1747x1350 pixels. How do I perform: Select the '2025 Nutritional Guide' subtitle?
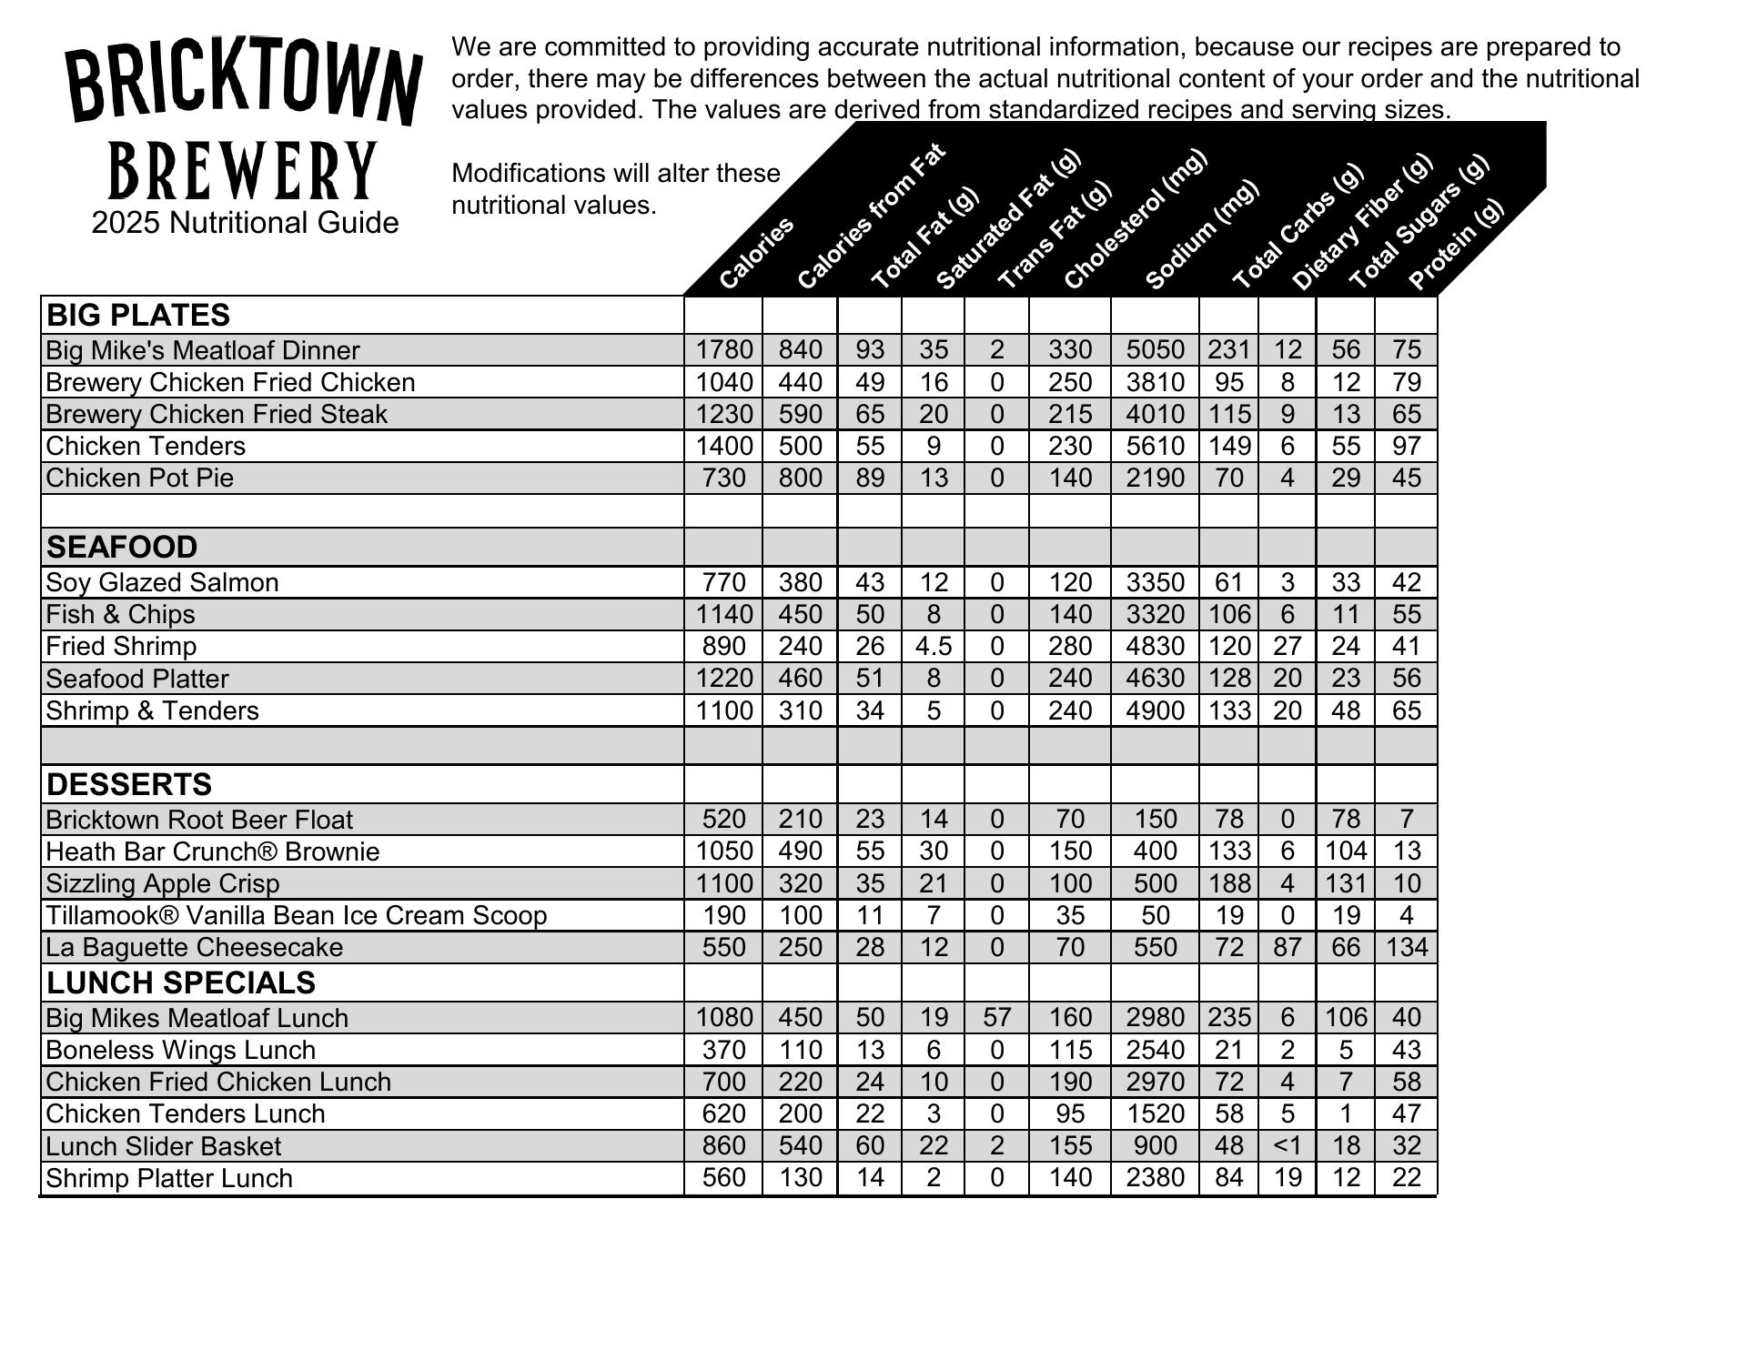tap(245, 223)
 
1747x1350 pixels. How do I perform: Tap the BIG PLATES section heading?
tap(137, 315)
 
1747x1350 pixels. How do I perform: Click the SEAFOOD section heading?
tap(122, 547)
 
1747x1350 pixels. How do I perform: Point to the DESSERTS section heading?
tap(128, 784)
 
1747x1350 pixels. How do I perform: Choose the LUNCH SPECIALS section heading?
tap(180, 982)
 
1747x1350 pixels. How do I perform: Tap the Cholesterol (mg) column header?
tap(1135, 220)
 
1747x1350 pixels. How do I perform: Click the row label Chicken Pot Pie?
tap(139, 478)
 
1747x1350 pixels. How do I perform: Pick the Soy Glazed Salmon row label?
tap(162, 582)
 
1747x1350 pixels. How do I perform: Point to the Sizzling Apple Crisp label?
tap(162, 883)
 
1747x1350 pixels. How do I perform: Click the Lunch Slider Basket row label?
tap(163, 1146)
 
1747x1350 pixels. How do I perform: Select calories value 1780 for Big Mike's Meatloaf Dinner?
tap(724, 349)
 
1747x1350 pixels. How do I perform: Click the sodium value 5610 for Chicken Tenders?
tap(1155, 446)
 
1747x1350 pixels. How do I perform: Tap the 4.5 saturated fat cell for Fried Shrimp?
tap(933, 646)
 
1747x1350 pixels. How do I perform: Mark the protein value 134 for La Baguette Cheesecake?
tap(1406, 947)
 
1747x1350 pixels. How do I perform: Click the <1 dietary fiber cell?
tap(1287, 1145)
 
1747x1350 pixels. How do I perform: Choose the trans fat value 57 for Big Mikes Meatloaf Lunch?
tap(996, 1017)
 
